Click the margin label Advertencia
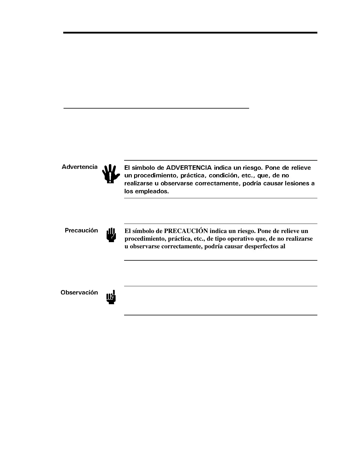[79, 167]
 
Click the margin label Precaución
[81, 230]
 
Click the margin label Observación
[79, 292]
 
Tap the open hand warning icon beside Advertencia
[111, 174]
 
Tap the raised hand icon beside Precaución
[111, 235]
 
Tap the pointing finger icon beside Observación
[111, 297]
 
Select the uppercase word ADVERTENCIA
[189, 168]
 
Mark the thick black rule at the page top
[190, 33]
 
